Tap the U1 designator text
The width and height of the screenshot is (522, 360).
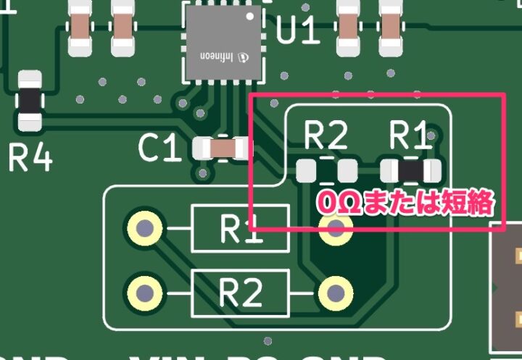click(x=297, y=30)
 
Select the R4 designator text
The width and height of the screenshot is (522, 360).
click(x=30, y=157)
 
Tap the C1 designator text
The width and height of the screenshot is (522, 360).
click(x=159, y=149)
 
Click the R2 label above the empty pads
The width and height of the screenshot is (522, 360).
click(x=326, y=135)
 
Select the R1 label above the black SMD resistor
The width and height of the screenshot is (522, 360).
click(x=410, y=135)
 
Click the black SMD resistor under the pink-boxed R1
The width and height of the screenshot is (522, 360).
click(x=411, y=171)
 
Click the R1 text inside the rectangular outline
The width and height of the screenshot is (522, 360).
click(x=240, y=228)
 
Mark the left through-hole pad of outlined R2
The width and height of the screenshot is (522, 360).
click(x=144, y=293)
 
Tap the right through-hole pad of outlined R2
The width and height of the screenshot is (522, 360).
click(x=335, y=293)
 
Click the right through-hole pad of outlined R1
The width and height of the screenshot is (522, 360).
click(x=335, y=230)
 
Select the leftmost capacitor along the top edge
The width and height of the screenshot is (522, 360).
click(x=79, y=26)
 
